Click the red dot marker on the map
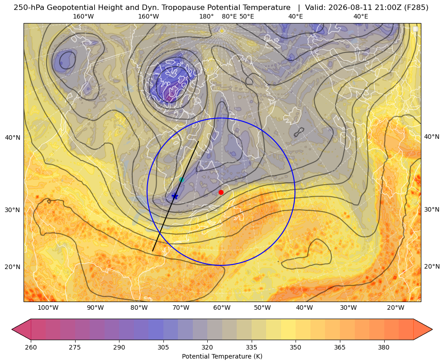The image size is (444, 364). (x=221, y=192)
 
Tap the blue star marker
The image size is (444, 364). (x=175, y=196)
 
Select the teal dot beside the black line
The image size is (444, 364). (x=181, y=180)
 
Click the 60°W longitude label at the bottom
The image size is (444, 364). (x=222, y=308)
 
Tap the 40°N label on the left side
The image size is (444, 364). (x=13, y=137)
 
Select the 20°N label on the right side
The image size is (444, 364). (x=432, y=266)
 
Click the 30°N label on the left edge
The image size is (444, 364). (x=13, y=210)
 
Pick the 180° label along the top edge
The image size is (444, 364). (x=206, y=16)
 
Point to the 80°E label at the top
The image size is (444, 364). (x=229, y=16)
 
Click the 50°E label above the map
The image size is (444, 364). (x=247, y=16)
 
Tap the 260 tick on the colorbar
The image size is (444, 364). (x=31, y=347)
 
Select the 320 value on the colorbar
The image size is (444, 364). (x=207, y=347)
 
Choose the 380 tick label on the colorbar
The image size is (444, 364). (x=384, y=347)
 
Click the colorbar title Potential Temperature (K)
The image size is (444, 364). (x=222, y=356)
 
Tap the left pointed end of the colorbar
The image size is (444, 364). (x=12, y=329)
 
